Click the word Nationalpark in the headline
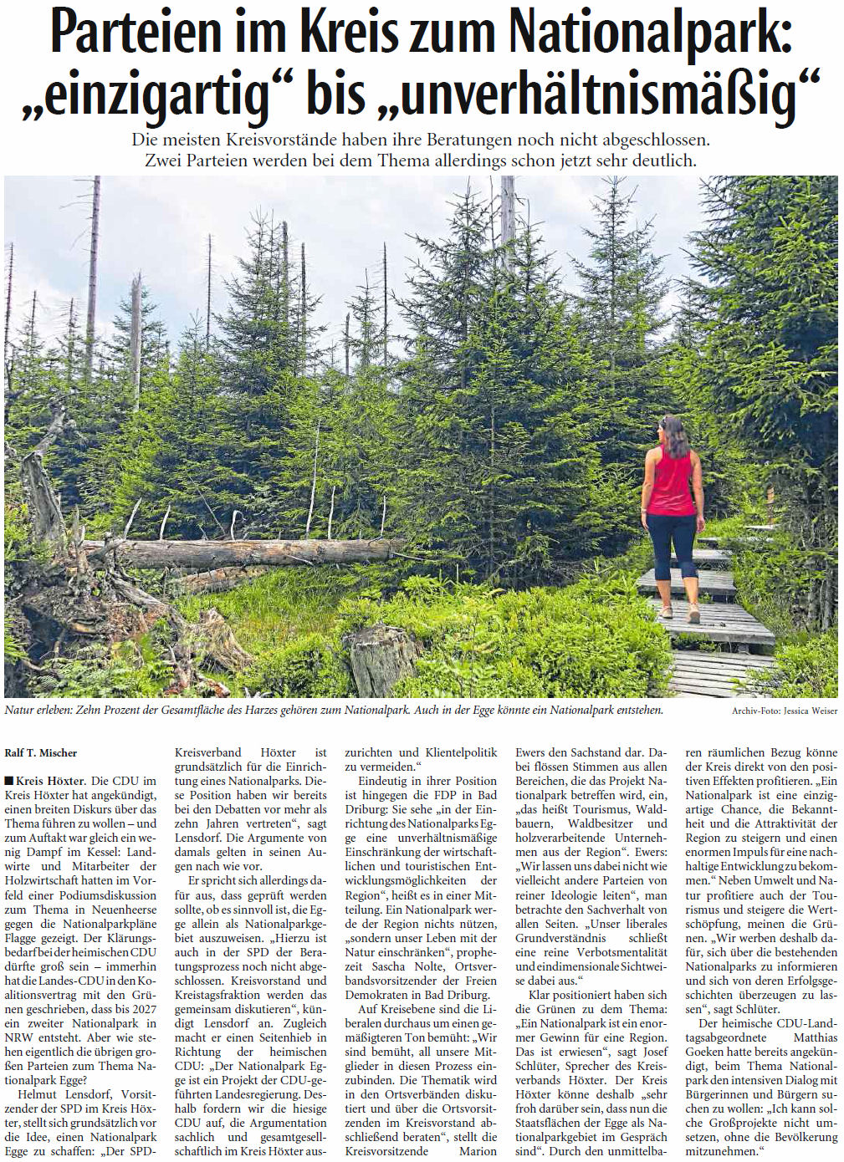pyautogui.click(x=651, y=33)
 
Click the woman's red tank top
pyautogui.click(x=671, y=484)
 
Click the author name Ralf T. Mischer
pyautogui.click(x=41, y=753)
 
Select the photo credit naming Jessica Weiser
pyautogui.click(x=785, y=711)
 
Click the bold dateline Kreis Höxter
pyautogui.click(x=50, y=781)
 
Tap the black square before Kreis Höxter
pyautogui.click(x=8, y=781)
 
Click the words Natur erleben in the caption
pyautogui.click(x=38, y=711)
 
